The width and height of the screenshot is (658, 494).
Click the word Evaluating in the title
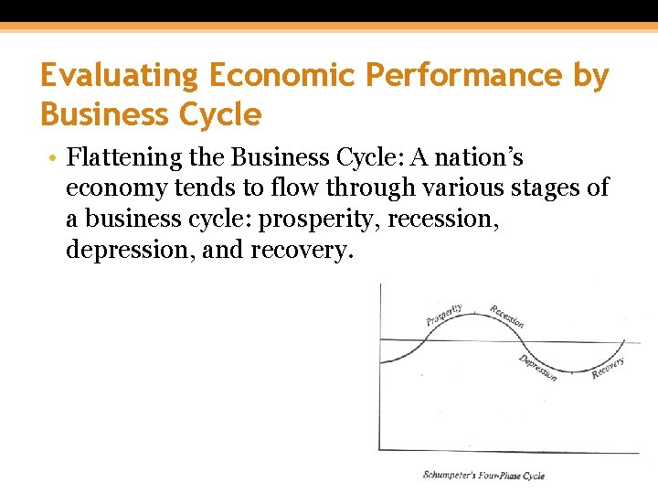pyautogui.click(x=116, y=76)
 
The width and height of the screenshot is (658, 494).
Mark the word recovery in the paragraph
pyautogui.click(x=301, y=251)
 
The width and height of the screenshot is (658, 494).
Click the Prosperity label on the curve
pyautogui.click(x=444, y=316)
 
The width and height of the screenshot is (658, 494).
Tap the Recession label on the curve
pyautogui.click(x=506, y=317)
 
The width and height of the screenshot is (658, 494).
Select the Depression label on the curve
pyautogui.click(x=537, y=367)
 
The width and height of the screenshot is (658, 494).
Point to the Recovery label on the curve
pyautogui.click(x=608, y=368)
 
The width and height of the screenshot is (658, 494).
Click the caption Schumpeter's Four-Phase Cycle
pyautogui.click(x=483, y=475)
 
